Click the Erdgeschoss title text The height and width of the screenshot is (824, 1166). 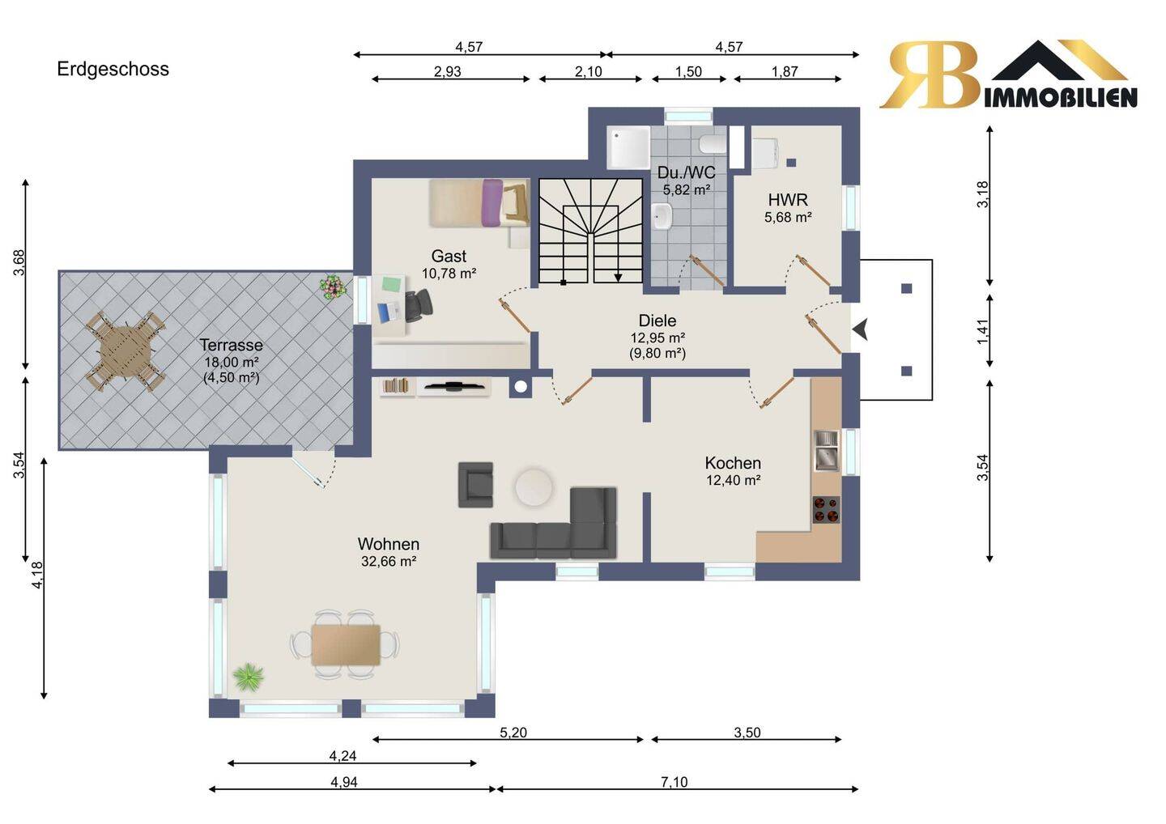click(113, 69)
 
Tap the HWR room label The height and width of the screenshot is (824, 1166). click(788, 200)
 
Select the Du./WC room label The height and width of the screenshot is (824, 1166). click(686, 172)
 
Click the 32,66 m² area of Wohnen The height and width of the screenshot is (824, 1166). click(389, 561)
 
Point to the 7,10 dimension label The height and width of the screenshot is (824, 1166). click(674, 782)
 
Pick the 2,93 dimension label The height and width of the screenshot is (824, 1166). click(448, 71)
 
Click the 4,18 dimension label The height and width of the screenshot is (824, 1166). click(37, 576)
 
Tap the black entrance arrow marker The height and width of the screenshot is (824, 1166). click(860, 329)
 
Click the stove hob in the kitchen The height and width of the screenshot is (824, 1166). click(826, 510)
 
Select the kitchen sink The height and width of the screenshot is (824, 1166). click(826, 451)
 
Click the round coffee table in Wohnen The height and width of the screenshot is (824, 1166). click(534, 487)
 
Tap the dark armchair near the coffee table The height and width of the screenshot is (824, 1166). click(475, 484)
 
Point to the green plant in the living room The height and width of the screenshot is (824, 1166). click(249, 677)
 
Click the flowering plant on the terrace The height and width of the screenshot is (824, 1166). click(333, 287)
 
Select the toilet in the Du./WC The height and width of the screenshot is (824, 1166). click(713, 144)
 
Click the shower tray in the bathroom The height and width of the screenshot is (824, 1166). click(629, 147)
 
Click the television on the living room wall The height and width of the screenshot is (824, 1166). click(453, 386)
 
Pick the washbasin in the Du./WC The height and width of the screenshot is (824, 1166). click(662, 216)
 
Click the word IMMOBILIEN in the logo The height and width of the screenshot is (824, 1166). click(1061, 98)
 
